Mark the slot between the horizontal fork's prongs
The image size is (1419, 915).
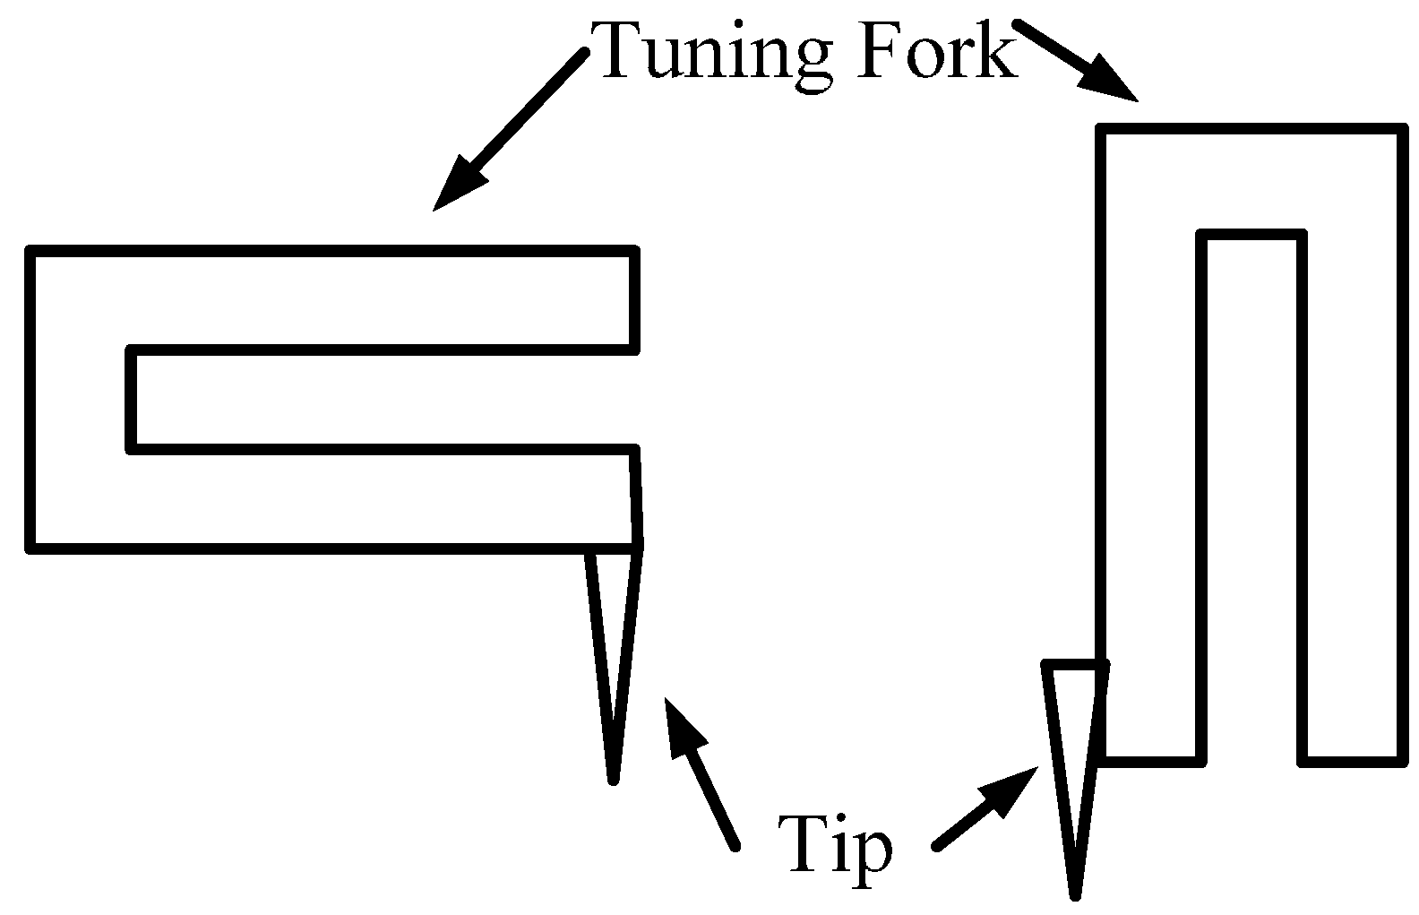[x=385, y=397]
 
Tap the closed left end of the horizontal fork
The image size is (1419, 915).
[x=81, y=397]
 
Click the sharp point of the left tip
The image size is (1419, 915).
[x=613, y=779]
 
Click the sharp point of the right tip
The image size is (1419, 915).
[x=1075, y=893]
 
